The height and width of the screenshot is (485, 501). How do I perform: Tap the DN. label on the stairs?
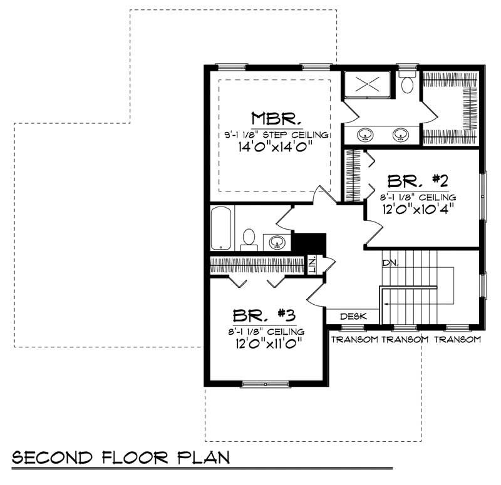point(390,263)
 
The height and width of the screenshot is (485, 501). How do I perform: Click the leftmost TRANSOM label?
point(354,340)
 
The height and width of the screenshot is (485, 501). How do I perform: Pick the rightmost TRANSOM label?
point(457,340)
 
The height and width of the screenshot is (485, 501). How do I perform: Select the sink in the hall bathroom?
point(276,241)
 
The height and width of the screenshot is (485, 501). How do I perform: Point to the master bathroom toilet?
point(407,84)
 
